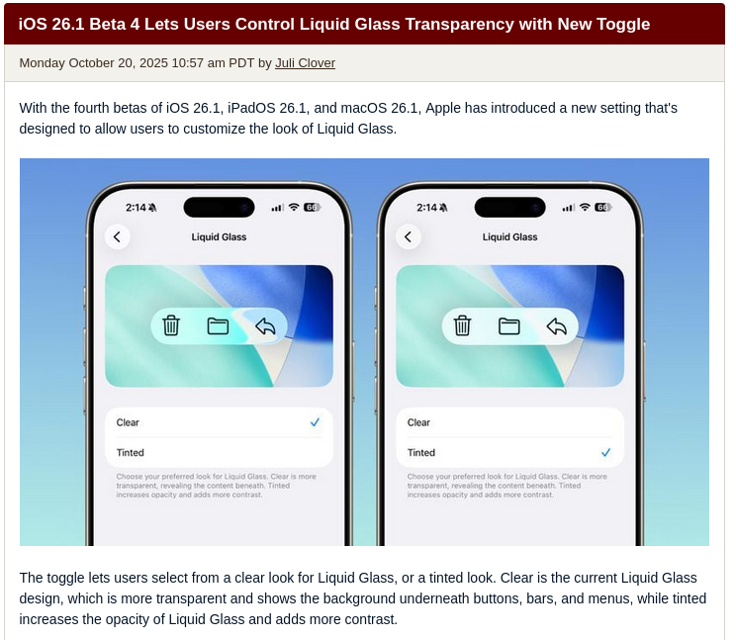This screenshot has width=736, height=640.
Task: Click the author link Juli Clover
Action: coord(305,63)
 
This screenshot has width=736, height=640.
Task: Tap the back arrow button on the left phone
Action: coord(117,237)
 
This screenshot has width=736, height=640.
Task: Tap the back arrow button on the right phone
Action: coord(409,237)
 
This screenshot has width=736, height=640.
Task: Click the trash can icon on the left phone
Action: coord(171,325)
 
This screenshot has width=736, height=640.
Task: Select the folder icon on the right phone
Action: coord(508,326)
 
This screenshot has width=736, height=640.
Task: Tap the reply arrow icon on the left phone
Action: coord(265,326)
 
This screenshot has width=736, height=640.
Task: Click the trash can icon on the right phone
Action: coord(462,325)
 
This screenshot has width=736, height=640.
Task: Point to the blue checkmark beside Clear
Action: coord(315,422)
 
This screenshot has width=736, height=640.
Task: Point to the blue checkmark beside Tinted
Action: coord(606,452)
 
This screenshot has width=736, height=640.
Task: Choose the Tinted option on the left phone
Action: coord(130,453)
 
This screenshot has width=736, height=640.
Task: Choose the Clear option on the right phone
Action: coord(418,422)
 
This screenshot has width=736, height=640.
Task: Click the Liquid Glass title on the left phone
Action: coord(219,237)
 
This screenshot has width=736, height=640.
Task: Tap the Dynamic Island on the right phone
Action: coord(509,207)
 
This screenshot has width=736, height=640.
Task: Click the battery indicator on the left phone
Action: coord(313,207)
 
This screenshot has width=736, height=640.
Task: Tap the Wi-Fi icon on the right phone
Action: coord(585,207)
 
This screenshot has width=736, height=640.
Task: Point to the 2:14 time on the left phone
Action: coord(136,208)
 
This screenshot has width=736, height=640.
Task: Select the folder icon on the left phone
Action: coord(218,326)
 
